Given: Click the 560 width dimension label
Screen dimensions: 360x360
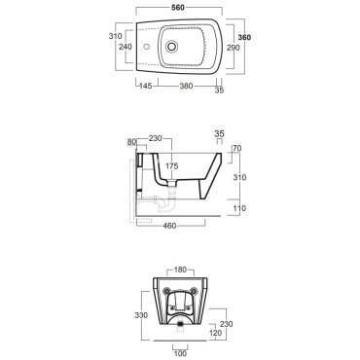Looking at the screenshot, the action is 178,8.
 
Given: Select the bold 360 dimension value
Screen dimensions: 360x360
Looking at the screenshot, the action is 244,38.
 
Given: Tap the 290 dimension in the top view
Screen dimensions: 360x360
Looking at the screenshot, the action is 233,48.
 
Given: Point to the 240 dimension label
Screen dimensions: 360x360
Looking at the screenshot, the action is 126,47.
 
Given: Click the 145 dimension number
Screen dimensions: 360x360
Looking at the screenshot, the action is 146,86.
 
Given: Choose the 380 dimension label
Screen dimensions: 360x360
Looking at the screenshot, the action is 186,86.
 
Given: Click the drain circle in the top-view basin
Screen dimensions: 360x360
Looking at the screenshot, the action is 172,47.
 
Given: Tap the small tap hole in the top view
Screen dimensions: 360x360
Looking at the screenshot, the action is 147,47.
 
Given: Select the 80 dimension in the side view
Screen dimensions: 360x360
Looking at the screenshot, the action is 131,142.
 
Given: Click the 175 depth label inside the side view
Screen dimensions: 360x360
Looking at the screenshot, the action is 171,166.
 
